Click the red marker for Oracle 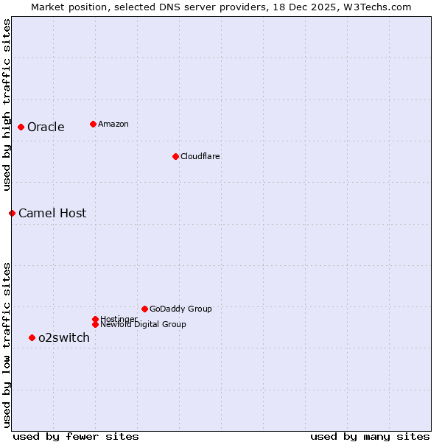tap(21, 127)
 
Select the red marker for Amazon tap(93, 124)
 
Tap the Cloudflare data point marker tap(175, 156)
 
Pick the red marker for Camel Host tap(13, 213)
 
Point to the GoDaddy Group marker tap(144, 309)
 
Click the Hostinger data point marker tap(95, 319)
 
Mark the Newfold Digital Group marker tap(95, 324)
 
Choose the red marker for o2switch tap(32, 337)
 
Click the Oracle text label tap(46, 127)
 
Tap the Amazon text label tap(113, 124)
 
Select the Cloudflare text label tap(200, 156)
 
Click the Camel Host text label tap(52, 213)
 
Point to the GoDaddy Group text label tap(180, 309)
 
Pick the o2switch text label tap(64, 337)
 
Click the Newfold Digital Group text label tap(143, 325)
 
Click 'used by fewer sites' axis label tap(76, 436)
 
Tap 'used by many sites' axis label tap(370, 436)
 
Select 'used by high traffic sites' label tap(7, 105)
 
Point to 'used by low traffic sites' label tap(7, 345)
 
